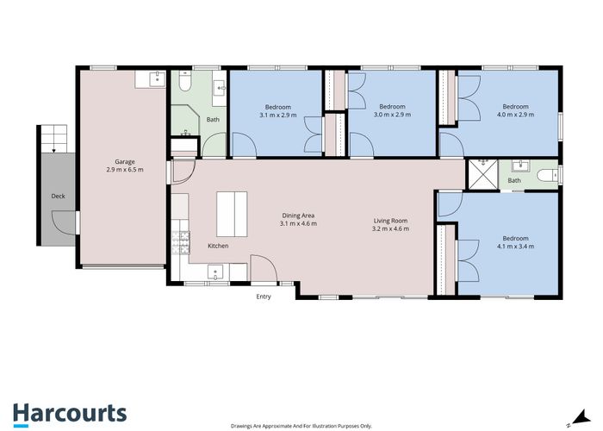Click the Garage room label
coord(124,161)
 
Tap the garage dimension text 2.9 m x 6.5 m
coord(124,170)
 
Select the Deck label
coord(58,197)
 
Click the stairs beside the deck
coord(53,138)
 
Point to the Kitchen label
coord(218,247)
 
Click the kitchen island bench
coord(230,214)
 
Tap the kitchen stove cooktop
coord(180,243)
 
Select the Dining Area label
coord(298,215)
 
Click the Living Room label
coord(390,220)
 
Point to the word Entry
coord(264,297)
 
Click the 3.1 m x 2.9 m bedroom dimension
coord(277,115)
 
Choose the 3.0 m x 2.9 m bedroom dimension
coord(392,115)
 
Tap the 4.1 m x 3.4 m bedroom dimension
coord(515,247)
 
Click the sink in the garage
coord(156,79)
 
